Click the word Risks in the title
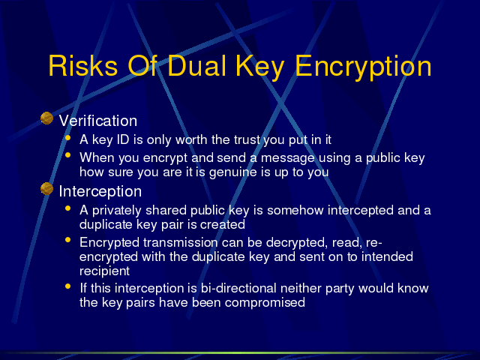83,66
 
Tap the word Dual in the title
196,66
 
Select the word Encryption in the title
363,68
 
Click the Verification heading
98,121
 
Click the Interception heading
100,191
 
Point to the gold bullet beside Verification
46,118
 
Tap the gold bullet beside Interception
46,188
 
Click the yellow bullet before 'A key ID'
68,138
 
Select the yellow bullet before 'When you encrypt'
68,155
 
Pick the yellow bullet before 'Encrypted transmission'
68,240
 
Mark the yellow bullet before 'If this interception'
68,286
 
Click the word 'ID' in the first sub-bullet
123,139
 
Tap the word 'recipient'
104,271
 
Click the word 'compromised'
265,303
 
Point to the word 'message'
287,158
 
